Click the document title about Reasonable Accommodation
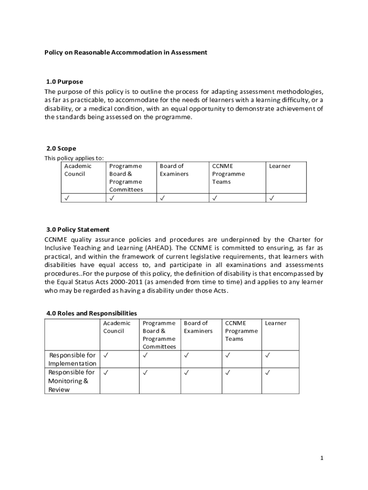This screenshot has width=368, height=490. pyautogui.click(x=126, y=53)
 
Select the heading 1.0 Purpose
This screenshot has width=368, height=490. pyautogui.click(x=65, y=82)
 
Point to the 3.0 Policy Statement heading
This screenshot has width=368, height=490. pyautogui.click(x=78, y=230)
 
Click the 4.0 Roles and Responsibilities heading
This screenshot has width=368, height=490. pyautogui.click(x=92, y=313)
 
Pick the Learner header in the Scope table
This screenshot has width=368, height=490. pyautogui.click(x=280, y=166)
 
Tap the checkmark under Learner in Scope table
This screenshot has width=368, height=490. pyautogui.click(x=272, y=198)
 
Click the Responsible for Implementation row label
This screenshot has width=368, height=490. pyautogui.click(x=72, y=359)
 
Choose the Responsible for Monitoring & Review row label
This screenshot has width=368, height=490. pyautogui.click(x=72, y=381)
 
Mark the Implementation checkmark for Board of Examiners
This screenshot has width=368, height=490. pyautogui.click(x=186, y=355)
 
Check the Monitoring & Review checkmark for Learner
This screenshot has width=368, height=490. pyautogui.click(x=268, y=372)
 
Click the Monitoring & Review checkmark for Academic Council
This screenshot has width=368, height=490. pyautogui.click(x=106, y=372)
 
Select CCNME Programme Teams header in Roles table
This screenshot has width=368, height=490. pyautogui.click(x=241, y=331)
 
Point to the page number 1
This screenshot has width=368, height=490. pyautogui.click(x=322, y=458)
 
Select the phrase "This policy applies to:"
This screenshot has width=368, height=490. pyautogui.click(x=74, y=158)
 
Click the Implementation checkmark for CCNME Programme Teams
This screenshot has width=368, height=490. pyautogui.click(x=227, y=355)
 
